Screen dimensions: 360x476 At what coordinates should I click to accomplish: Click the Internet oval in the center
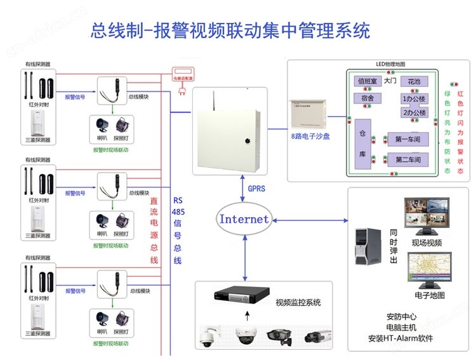pos(244,219)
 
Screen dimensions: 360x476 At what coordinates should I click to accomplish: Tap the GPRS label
pos(258,189)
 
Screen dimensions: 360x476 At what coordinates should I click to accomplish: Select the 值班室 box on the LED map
pos(367,81)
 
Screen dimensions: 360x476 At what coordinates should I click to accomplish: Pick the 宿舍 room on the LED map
pos(367,98)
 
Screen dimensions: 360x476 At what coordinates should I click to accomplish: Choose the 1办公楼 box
pos(414,99)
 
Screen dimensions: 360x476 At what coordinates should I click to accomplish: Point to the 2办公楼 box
pos(414,113)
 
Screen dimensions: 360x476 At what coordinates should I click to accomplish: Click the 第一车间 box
pos(408,139)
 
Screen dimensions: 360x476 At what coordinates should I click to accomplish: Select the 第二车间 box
pos(408,159)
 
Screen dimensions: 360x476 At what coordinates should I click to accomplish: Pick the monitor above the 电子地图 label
pos(429,270)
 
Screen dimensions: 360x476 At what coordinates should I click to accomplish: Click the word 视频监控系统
pos(299,303)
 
